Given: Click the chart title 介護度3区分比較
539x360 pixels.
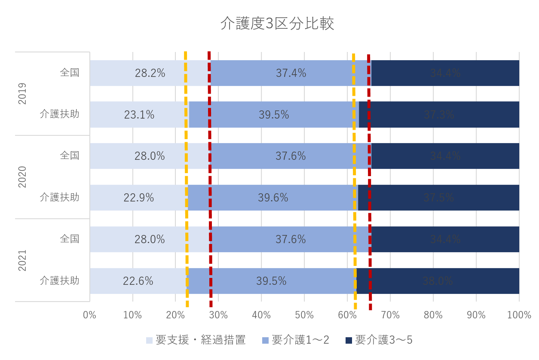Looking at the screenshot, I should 277,24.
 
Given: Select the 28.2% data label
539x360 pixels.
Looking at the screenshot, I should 150,73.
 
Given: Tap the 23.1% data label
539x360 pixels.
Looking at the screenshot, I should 139,115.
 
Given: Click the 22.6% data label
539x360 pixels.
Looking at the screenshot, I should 138,281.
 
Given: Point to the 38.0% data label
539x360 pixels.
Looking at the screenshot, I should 438,281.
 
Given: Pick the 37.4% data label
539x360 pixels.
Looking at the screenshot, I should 291,73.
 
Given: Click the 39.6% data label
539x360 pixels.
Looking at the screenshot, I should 273,198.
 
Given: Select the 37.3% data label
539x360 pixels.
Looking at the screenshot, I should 439,115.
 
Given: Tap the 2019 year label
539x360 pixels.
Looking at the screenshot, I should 22,94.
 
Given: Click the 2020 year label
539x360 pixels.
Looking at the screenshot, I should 22,177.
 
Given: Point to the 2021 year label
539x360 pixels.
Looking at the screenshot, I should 22,260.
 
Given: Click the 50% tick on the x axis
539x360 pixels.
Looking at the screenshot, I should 304,315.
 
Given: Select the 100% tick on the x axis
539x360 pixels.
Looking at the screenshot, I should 519,315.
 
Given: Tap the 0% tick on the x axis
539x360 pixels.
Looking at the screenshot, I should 90,315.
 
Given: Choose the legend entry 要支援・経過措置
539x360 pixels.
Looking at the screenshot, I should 196,340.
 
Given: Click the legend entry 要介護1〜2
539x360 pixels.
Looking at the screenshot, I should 296,340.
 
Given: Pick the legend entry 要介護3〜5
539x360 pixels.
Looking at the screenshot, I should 379,340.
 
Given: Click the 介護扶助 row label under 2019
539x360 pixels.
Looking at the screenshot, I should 60,114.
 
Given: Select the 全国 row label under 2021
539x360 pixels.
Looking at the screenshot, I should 70,239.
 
